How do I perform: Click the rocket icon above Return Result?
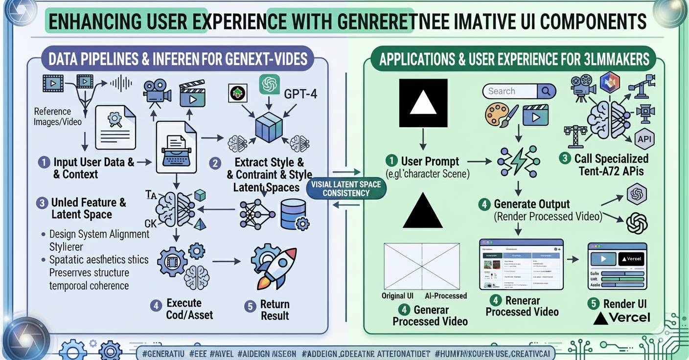tap(274, 267)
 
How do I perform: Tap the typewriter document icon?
tap(176, 147)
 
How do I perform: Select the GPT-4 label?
tap(300, 93)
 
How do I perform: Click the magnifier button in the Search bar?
tap(546, 91)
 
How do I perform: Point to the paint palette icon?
tap(499, 115)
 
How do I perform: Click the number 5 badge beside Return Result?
tap(250, 307)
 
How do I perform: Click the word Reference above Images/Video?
tap(52, 112)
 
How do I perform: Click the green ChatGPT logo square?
tap(269, 85)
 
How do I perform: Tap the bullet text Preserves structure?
tap(89, 272)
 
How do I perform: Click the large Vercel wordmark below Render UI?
tap(622, 318)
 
